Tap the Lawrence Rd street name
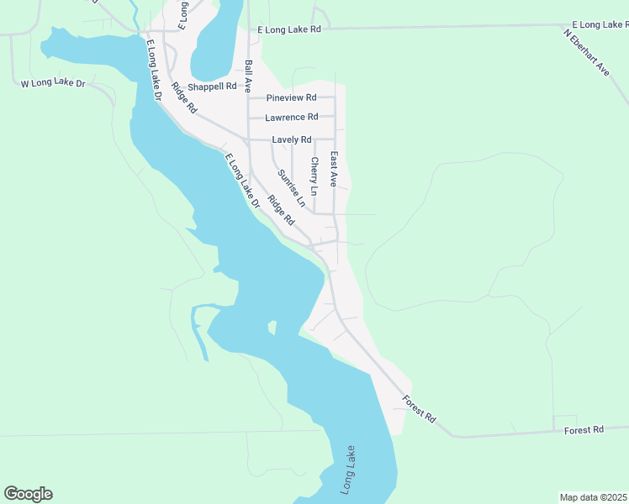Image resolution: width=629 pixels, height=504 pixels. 292,118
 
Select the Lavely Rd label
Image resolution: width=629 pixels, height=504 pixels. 292,139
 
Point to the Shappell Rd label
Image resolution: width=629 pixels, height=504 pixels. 212,87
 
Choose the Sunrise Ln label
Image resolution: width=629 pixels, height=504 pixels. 291,188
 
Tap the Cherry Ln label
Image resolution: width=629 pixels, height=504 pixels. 314,176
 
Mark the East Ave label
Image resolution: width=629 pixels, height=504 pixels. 334,169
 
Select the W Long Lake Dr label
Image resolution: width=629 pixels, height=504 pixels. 53,83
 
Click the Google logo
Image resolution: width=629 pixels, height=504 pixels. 28,494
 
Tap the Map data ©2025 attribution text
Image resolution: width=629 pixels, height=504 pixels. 593,497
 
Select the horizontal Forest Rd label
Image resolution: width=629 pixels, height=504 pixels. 584,429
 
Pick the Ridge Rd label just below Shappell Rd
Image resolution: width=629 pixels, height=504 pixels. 183,98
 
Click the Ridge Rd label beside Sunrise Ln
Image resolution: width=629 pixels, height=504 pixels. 281,210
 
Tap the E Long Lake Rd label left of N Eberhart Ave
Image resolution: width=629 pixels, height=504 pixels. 289,29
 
